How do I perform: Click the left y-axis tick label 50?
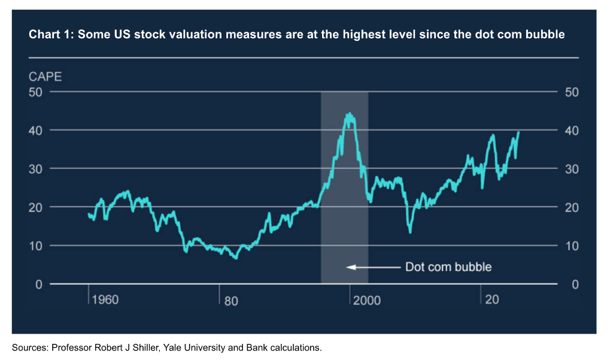coord(37,92)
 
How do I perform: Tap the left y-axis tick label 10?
coord(37,246)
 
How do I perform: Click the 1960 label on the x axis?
coord(105,300)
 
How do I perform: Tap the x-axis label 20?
coord(492,300)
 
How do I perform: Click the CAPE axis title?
coord(45,77)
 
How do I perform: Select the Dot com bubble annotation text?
coord(448,267)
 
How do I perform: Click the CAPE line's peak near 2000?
coord(349,114)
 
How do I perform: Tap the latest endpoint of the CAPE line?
coord(518,132)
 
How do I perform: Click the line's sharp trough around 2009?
coord(410,232)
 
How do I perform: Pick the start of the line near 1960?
coord(89,214)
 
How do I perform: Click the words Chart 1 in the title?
coord(50,34)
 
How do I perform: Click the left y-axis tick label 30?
coord(37,168)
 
